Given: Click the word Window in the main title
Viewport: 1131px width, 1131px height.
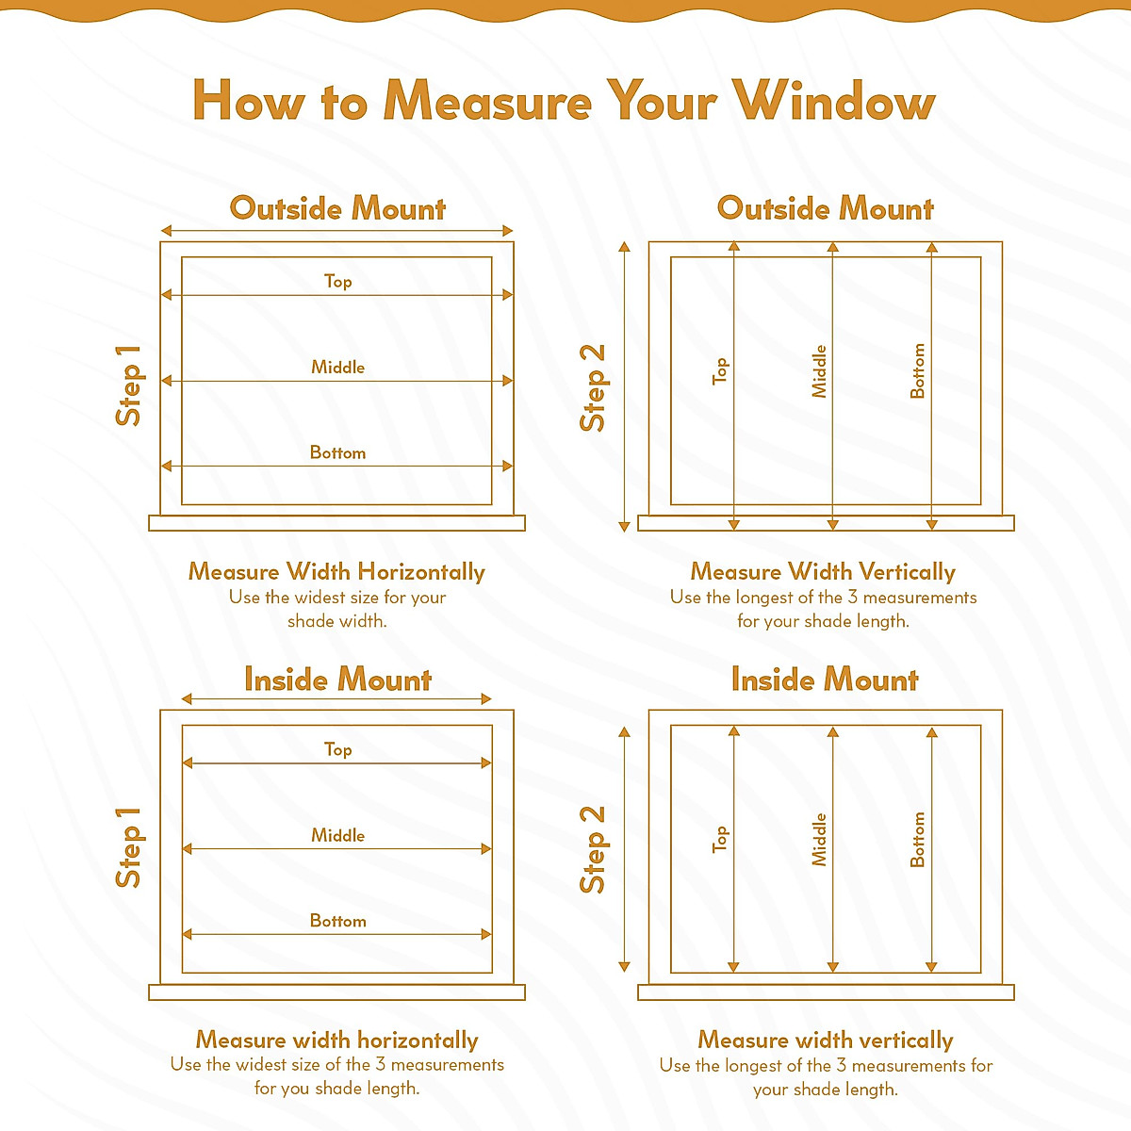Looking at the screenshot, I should pos(835,100).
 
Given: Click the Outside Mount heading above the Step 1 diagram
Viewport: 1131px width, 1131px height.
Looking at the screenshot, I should pos(337,208).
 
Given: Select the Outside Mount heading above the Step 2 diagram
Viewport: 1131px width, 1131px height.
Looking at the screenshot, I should pos(825,208).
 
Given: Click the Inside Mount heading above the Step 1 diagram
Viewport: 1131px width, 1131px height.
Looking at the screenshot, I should pos(337,680).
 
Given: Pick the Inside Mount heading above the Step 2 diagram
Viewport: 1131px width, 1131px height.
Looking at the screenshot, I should pos(825,680).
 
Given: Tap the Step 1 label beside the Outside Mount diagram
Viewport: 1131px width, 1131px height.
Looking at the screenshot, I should pos(128,385).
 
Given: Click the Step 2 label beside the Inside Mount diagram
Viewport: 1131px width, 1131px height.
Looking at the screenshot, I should pos(593,849).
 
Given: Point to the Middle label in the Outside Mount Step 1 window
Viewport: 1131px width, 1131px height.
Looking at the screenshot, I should pos(337,367).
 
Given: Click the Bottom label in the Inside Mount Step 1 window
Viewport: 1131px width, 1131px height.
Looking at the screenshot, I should pos(337,921).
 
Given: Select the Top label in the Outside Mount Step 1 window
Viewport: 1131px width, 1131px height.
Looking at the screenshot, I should pos(337,281).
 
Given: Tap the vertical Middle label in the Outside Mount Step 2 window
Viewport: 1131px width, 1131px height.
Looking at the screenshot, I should pos(819,370).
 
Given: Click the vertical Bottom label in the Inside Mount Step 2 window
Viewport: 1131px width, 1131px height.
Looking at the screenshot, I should pos(917,839).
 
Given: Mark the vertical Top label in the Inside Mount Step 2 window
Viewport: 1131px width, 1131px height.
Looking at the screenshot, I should pos(720,839).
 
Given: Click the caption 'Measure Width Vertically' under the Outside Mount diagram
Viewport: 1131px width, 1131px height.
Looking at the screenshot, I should pos(823,572).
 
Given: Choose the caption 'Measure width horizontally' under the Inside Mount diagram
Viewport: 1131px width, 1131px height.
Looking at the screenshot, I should pos(337,1040).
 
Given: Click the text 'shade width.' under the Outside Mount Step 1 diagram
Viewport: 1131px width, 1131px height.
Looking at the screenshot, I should pos(337,621).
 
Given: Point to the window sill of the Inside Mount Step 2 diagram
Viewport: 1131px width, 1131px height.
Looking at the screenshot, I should pos(826,992).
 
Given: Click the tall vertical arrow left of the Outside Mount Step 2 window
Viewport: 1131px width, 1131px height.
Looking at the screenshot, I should pos(623,386).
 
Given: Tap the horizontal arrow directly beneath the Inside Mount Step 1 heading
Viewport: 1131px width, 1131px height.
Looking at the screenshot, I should pos(337,699).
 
